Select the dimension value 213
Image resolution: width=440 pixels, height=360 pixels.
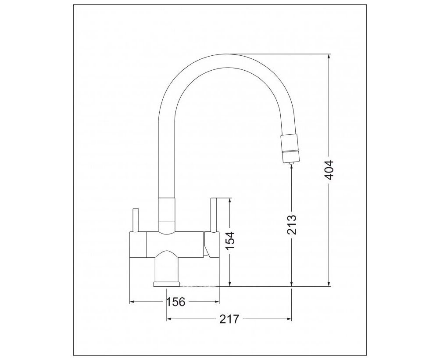292,225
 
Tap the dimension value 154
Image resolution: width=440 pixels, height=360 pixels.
230,241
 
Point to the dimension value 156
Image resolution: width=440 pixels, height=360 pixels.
176,302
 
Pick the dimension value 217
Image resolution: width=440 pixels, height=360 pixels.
229,319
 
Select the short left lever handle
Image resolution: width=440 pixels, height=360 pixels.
136,220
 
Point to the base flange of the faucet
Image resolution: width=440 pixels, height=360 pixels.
166,284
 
